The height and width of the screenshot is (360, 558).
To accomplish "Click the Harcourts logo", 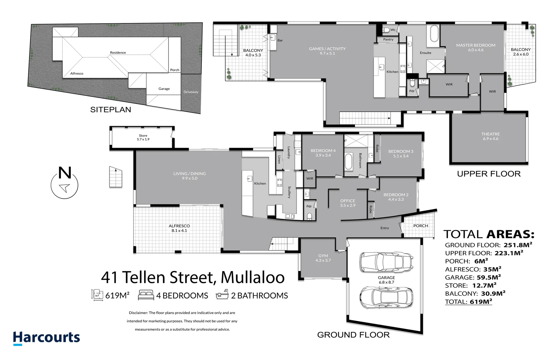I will (46, 338).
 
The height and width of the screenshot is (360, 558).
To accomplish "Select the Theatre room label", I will (490, 136).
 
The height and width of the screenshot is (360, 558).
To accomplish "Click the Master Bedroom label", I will (476, 47).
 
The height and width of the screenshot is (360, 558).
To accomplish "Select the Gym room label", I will (323, 258).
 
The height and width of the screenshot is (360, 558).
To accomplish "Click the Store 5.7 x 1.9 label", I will (143, 137).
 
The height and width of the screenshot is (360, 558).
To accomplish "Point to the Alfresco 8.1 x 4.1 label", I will (179, 228).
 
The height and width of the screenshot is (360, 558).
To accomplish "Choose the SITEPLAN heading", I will (110, 110).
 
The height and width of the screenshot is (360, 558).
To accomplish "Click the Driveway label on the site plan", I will (191, 92).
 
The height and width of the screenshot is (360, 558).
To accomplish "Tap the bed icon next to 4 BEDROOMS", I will (146, 295).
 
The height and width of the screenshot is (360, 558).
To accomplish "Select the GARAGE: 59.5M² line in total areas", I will (473, 277).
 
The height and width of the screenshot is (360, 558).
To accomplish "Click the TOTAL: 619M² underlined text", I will (468, 302).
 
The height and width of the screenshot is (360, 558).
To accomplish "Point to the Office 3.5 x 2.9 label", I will (348, 203).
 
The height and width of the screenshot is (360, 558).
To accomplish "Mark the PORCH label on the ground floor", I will (420, 226).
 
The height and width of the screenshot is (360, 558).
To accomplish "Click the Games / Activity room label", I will (327, 51).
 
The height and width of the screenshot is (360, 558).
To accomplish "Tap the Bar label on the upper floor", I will (280, 40).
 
